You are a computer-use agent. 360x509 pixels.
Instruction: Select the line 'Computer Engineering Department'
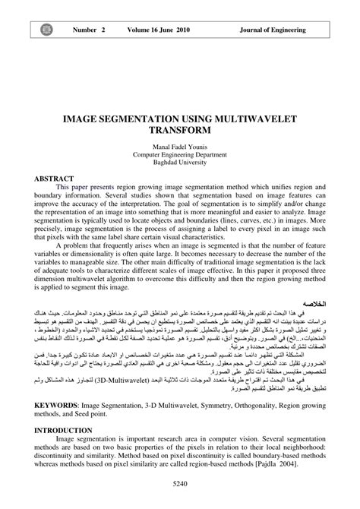(x=179, y=154)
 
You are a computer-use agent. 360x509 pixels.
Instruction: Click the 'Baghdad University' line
(x=179, y=163)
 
